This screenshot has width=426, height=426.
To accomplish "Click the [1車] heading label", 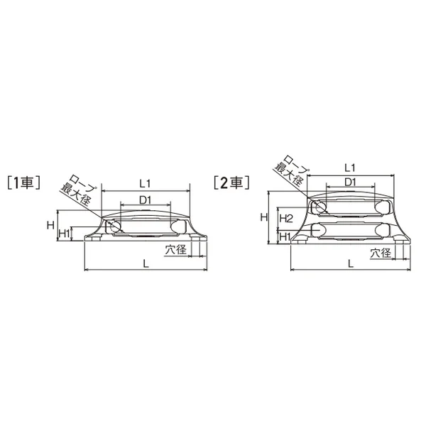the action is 24,182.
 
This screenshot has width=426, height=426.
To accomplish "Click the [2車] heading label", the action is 231,182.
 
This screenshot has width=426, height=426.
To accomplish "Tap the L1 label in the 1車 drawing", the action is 145,184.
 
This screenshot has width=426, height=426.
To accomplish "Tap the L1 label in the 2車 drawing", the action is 350,168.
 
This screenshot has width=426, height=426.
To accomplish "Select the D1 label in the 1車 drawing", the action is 145,200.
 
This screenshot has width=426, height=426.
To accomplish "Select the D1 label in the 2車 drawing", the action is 350,182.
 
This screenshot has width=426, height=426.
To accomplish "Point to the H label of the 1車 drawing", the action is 50,225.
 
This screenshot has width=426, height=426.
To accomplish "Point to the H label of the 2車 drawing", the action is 264,217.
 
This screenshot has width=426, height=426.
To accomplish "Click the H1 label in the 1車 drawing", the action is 65,234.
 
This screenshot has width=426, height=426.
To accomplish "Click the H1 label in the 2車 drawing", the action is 285,237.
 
